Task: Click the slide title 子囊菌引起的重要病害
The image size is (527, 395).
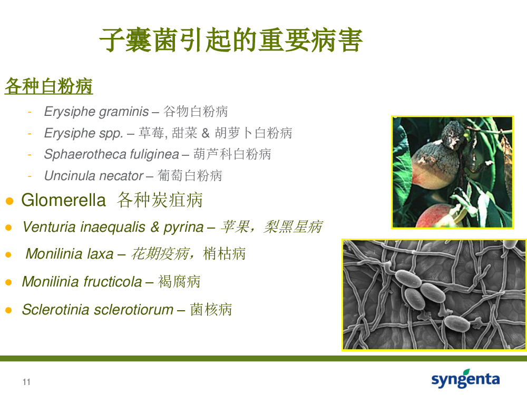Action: (x=231, y=41)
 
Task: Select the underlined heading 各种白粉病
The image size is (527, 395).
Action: (x=48, y=86)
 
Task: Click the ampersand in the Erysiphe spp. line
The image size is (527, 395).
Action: (x=206, y=133)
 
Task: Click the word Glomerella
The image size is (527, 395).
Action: (x=64, y=200)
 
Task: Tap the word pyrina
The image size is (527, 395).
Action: (x=183, y=228)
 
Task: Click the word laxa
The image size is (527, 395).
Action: (x=100, y=254)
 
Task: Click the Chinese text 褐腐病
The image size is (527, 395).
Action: (x=179, y=281)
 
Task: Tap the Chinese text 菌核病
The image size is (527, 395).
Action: (x=211, y=309)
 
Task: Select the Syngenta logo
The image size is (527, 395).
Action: (x=465, y=379)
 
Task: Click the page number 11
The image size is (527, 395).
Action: (x=26, y=382)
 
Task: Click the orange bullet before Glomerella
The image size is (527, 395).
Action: (x=9, y=201)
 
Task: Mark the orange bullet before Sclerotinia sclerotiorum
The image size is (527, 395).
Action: (x=9, y=310)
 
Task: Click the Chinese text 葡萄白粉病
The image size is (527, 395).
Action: (x=190, y=176)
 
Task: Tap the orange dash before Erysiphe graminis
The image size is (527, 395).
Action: (x=30, y=112)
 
